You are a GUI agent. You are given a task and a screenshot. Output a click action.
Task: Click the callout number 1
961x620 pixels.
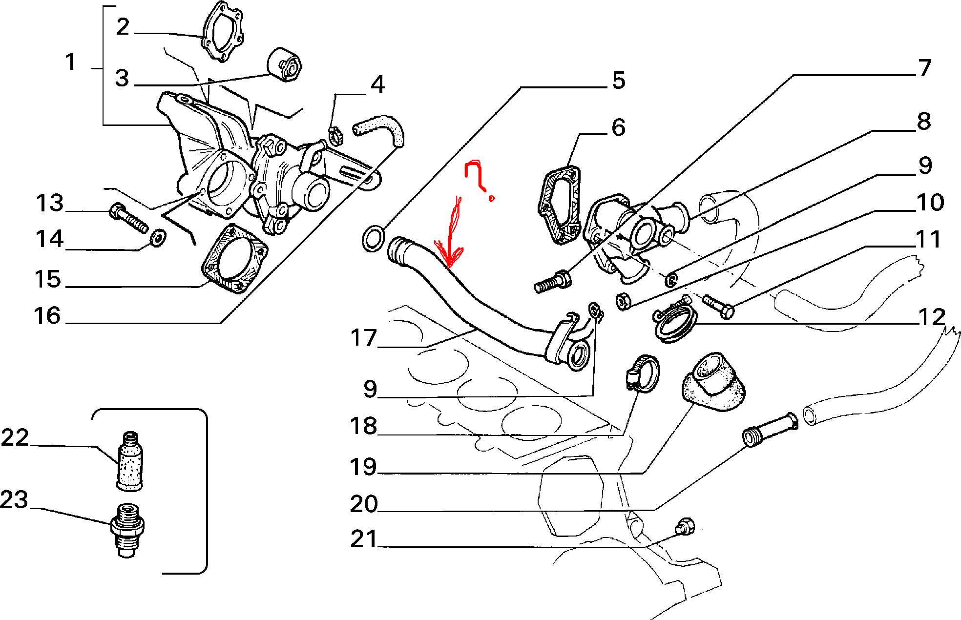pos(71,62)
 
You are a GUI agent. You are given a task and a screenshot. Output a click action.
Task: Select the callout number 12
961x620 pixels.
pos(932,317)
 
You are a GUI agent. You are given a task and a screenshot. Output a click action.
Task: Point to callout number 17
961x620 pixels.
pos(364,338)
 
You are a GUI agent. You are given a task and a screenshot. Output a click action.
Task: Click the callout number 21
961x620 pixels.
pos(364,539)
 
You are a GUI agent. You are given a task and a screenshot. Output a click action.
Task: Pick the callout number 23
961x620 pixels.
pos(15,500)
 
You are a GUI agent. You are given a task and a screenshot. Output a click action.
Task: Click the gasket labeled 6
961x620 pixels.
pos(559,205)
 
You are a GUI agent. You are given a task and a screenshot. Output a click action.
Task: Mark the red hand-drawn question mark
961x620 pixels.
pos(477,178)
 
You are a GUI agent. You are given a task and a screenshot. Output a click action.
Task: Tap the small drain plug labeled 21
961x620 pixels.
pos(684,526)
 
